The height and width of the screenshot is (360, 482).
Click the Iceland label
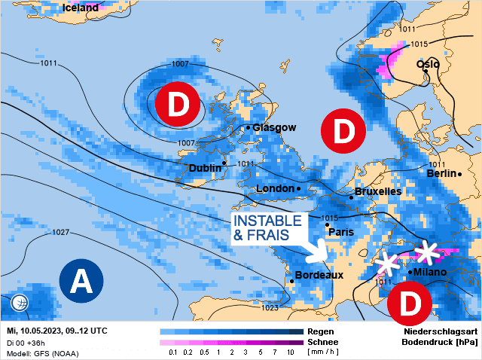(x=81, y=8)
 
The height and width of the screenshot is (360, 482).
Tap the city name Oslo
(x=429, y=64)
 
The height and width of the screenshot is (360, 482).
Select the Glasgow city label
(x=274, y=128)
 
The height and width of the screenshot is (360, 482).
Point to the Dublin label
(x=205, y=168)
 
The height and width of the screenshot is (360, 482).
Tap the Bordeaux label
(x=319, y=276)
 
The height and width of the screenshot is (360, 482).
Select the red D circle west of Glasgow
(x=177, y=105)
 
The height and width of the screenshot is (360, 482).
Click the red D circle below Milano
(x=410, y=304)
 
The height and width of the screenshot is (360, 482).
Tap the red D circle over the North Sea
(x=343, y=131)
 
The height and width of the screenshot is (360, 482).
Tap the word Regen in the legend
(x=321, y=331)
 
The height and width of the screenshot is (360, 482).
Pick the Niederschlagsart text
(x=439, y=331)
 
